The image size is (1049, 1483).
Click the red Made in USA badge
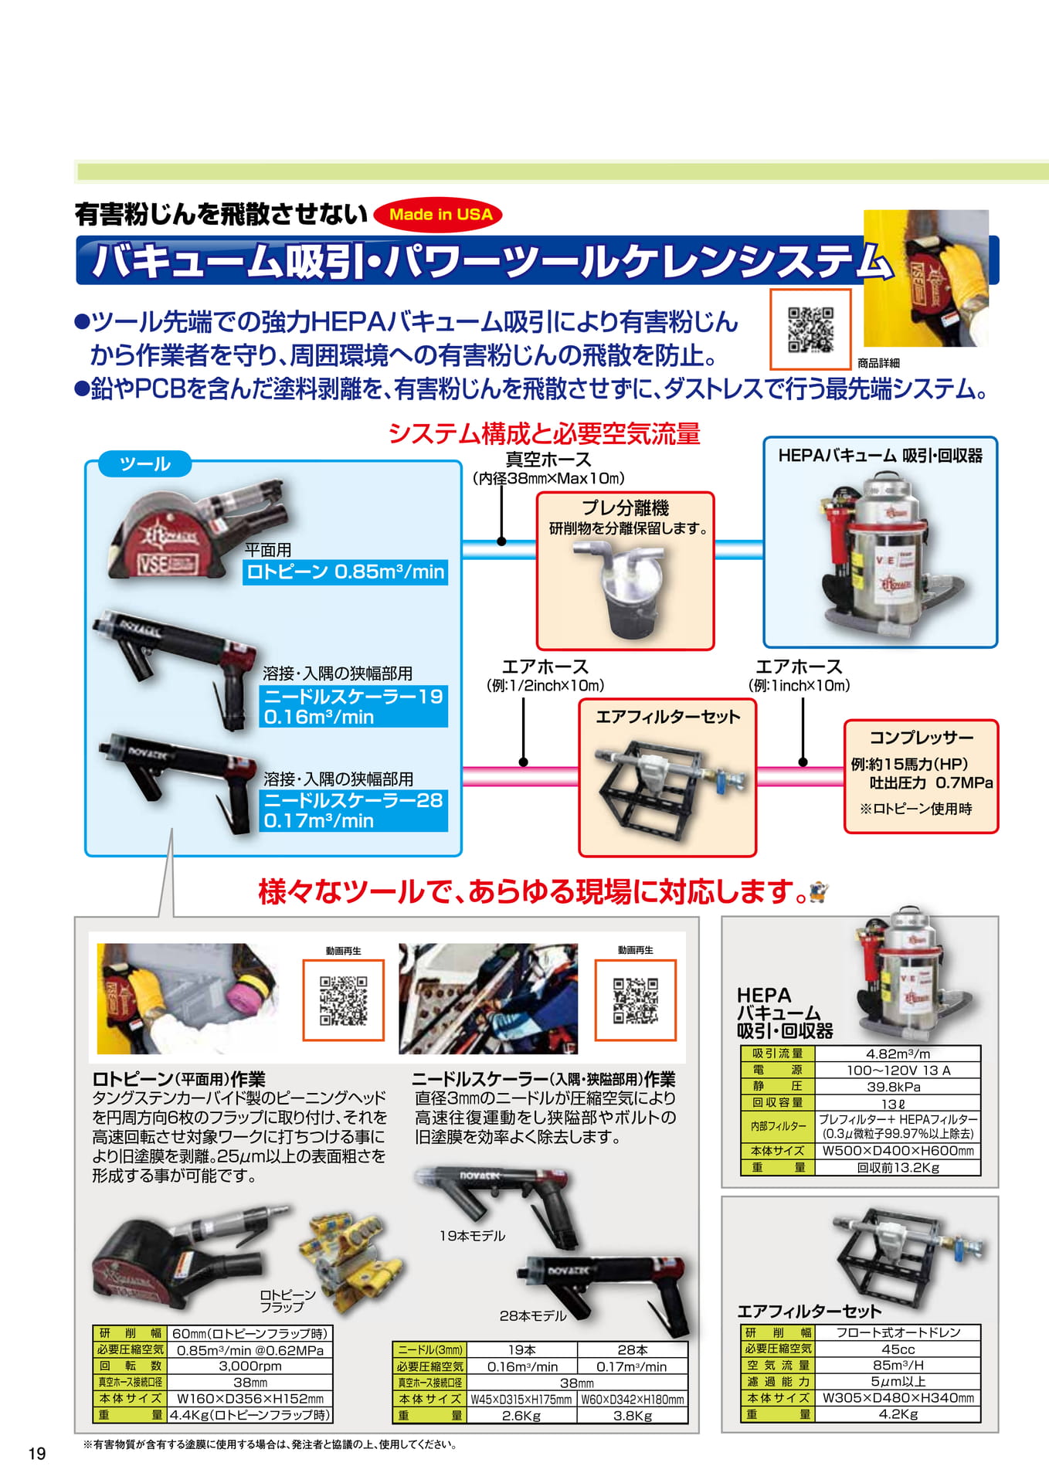[x=438, y=215]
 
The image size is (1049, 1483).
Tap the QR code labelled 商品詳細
[x=810, y=330]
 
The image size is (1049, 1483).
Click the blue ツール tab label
[x=145, y=463]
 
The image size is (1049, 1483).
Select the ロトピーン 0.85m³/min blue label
[x=345, y=572]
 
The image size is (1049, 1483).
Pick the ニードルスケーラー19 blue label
[x=354, y=706]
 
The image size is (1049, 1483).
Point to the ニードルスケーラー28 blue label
[x=354, y=810]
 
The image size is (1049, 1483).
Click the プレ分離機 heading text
[x=625, y=507]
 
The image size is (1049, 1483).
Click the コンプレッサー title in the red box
[x=922, y=737]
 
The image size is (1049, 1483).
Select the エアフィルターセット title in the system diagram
[x=668, y=717]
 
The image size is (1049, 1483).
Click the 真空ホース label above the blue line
[x=548, y=460]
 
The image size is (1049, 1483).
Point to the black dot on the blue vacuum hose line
[x=502, y=541]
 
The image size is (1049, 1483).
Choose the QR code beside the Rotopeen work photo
[x=344, y=1000]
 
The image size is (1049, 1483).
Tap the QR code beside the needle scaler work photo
[x=635, y=1000]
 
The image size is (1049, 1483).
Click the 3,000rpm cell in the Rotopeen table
[x=250, y=1366]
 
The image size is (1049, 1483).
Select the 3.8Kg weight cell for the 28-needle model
[x=633, y=1416]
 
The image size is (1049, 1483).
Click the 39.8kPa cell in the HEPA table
[x=898, y=1087]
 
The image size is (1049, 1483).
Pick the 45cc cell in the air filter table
[x=898, y=1349]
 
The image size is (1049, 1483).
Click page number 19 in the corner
[x=37, y=1454]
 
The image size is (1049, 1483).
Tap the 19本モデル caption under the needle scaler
[x=472, y=1236]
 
